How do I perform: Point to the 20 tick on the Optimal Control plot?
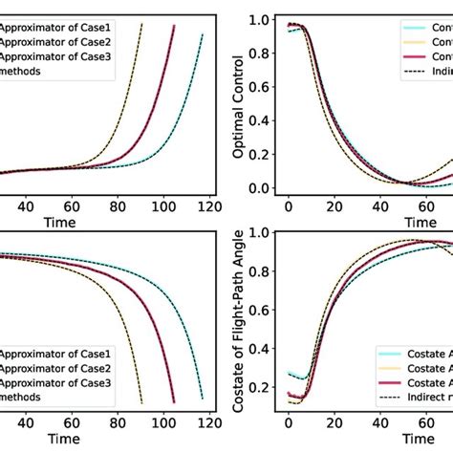point(333,205)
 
